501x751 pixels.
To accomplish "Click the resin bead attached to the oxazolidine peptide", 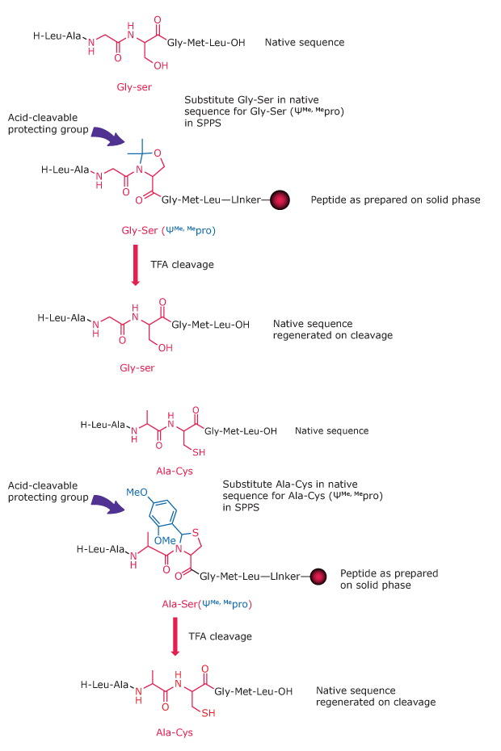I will coord(280,199).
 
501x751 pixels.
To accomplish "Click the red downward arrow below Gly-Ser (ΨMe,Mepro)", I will coord(135,270).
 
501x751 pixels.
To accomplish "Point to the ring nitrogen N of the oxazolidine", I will coord(138,171).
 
